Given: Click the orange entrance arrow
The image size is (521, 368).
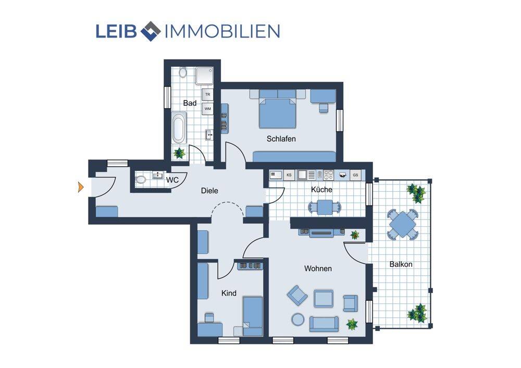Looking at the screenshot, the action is pyautogui.click(x=80, y=187).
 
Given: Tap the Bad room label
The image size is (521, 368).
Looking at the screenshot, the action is pyautogui.click(x=190, y=103).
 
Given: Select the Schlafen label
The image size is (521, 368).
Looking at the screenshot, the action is pyautogui.click(x=281, y=139).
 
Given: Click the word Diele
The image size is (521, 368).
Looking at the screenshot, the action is pyautogui.click(x=209, y=190).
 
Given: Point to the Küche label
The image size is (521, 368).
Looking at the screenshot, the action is pyautogui.click(x=321, y=190).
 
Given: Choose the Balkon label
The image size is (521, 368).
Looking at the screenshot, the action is pyautogui.click(x=401, y=264).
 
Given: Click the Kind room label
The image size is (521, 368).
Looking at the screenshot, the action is pyautogui.click(x=229, y=293).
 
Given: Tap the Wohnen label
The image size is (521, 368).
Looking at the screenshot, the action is pyautogui.click(x=318, y=268).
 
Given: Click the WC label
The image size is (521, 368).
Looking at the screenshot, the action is pyautogui.click(x=172, y=180).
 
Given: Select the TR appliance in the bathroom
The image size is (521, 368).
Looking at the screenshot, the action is pyautogui.click(x=208, y=94).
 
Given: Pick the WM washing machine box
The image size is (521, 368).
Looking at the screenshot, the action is pyautogui.click(x=208, y=109).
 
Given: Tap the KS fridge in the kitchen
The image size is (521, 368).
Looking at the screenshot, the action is pyautogui.click(x=289, y=175).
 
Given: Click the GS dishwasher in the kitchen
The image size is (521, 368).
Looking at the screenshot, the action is pyautogui.click(x=355, y=175).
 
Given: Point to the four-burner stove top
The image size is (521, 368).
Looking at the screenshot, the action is pyautogui.click(x=328, y=175).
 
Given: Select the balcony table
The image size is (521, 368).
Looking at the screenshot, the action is pyautogui.click(x=402, y=224).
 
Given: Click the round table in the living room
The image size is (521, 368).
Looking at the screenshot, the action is pyautogui.click(x=297, y=320).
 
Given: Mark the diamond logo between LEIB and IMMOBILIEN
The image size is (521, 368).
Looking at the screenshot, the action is pyautogui.click(x=151, y=31).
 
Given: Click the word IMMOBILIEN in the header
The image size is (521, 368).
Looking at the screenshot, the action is pyautogui.click(x=222, y=31).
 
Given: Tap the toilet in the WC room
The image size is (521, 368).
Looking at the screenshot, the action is pyautogui.click(x=141, y=179).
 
